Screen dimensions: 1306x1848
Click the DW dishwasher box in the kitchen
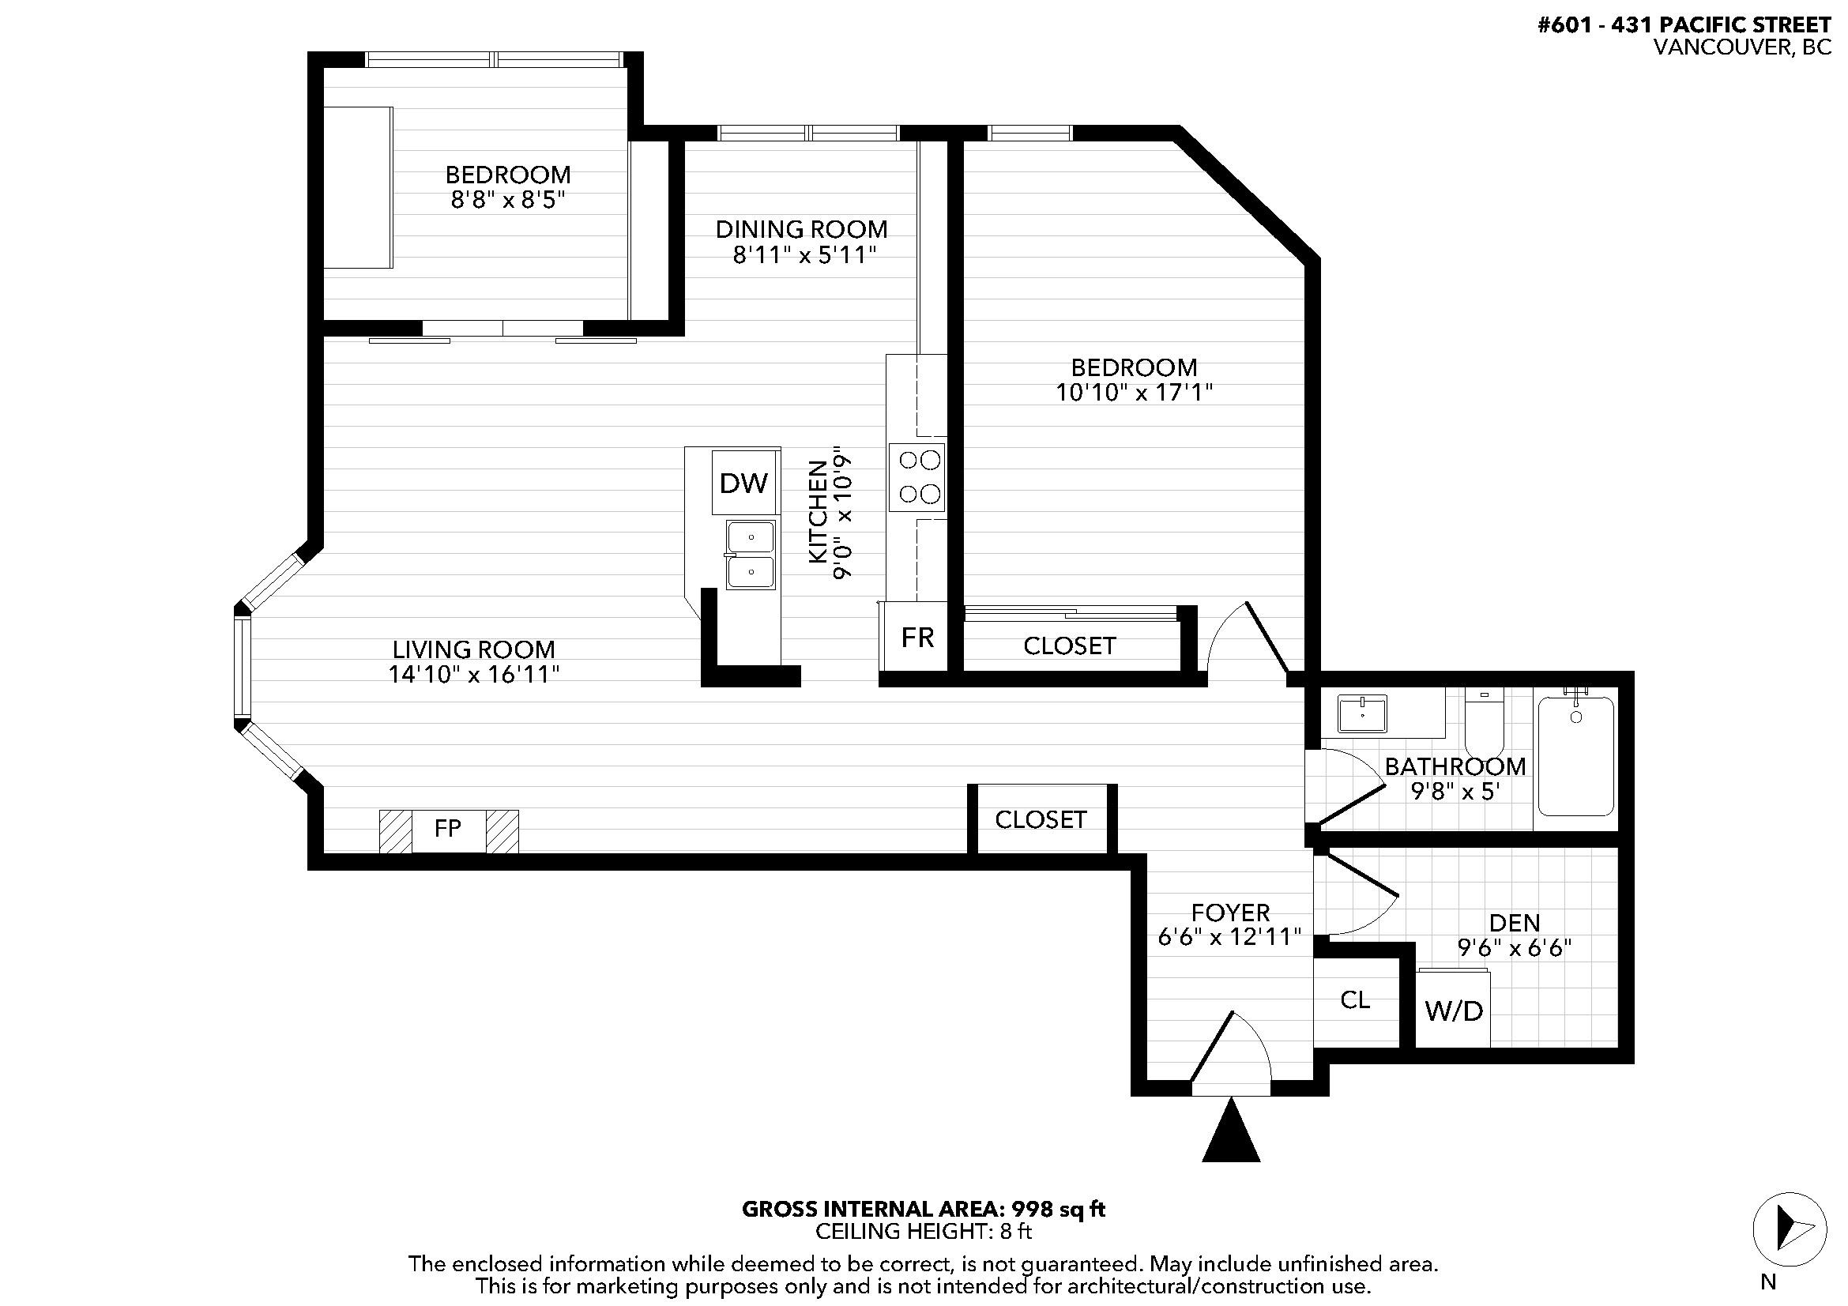pyautogui.click(x=743, y=483)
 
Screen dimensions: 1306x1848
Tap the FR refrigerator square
pyautogui.click(x=916, y=638)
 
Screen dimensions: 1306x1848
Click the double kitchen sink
pyautogui.click(x=750, y=555)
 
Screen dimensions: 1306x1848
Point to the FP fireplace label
pyautogui.click(x=447, y=828)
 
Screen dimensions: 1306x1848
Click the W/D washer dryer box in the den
pyautogui.click(x=1453, y=1011)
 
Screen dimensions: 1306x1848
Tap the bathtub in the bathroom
pyautogui.click(x=1576, y=755)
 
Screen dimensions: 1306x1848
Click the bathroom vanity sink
pyautogui.click(x=1362, y=713)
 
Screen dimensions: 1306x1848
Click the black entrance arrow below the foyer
pyautogui.click(x=1231, y=1134)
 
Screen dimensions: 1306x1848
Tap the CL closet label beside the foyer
pyautogui.click(x=1355, y=999)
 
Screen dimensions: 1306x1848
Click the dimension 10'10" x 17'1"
pyautogui.click(x=1134, y=393)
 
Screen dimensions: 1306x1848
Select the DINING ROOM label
pyautogui.click(x=802, y=229)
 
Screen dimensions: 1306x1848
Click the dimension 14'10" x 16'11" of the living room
pyautogui.click(x=474, y=674)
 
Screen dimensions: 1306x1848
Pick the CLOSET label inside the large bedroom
pyautogui.click(x=1069, y=645)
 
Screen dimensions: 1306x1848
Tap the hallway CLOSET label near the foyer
pyautogui.click(x=1041, y=819)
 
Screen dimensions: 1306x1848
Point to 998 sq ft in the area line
pyautogui.click(x=1058, y=1210)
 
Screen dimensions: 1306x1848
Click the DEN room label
pyautogui.click(x=1514, y=922)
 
